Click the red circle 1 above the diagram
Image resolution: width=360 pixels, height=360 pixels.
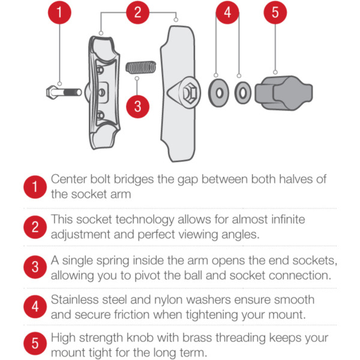point(59,13)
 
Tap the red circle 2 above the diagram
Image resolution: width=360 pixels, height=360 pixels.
point(138,13)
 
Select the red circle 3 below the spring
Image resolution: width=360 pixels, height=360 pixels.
point(138,107)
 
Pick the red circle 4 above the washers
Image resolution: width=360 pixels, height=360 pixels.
point(227,13)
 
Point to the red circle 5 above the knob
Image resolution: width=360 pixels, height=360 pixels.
point(275,13)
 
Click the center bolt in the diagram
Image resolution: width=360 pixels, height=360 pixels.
point(64,92)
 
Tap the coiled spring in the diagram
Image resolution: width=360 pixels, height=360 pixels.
point(141,67)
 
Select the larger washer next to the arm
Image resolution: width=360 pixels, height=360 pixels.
point(218,93)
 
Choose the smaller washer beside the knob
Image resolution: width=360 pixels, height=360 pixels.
point(242,93)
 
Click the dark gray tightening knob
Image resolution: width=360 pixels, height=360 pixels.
point(284,93)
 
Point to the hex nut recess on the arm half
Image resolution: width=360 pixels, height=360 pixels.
point(190,93)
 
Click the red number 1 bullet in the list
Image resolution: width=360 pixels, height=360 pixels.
point(35,187)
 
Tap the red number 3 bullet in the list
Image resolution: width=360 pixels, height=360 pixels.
point(35,267)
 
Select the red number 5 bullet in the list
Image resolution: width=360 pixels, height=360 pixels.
point(35,343)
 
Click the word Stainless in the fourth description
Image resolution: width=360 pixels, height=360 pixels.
point(73,299)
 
